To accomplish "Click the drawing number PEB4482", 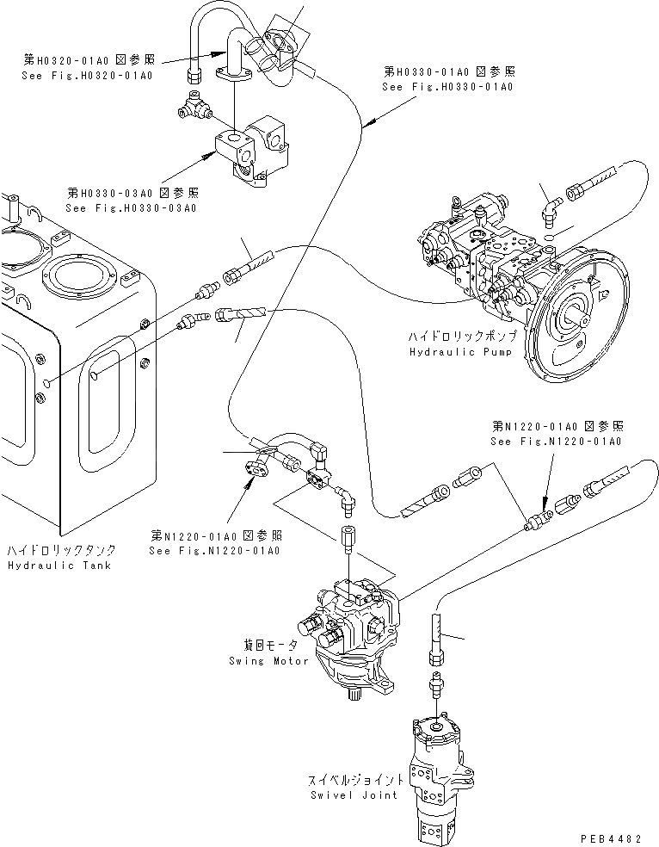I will (617, 835).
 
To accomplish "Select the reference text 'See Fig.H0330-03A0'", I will (132, 207).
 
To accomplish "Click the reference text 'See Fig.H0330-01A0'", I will (448, 87).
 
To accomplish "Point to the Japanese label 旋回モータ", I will (268, 645).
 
